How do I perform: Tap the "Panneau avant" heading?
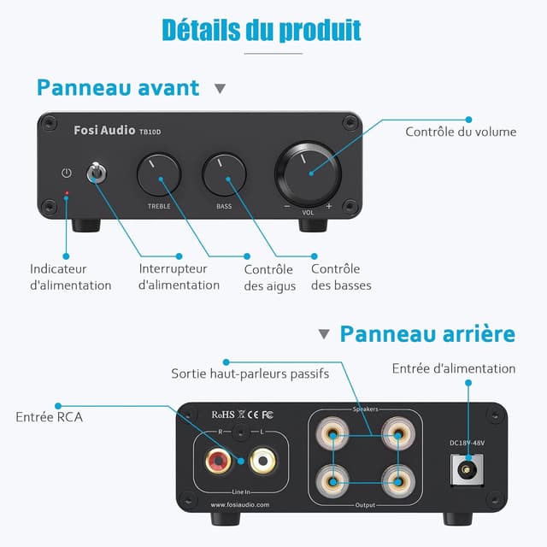click(118, 87)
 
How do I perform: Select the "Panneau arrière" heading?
click(427, 332)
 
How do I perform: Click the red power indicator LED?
click(67, 194)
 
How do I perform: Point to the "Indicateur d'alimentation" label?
click(70, 277)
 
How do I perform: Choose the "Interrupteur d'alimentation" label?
click(179, 277)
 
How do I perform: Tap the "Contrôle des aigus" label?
click(269, 278)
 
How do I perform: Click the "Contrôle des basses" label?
click(341, 277)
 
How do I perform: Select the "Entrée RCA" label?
click(49, 417)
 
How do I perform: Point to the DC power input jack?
click(467, 469)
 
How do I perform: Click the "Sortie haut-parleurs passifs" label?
click(256, 373)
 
